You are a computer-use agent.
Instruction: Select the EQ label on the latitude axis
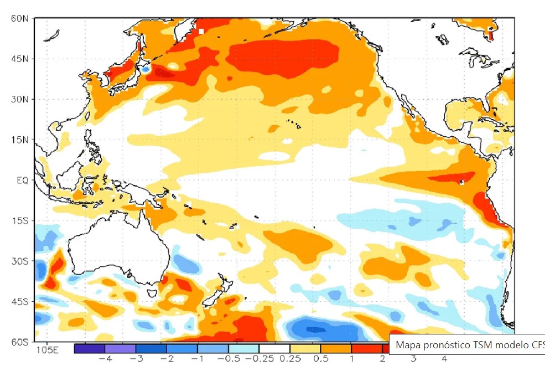pos(22,181)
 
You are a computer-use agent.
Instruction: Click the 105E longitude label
pos(47,350)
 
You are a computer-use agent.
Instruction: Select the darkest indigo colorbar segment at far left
pos(89,349)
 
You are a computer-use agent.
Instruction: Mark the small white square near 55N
pos(201,31)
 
